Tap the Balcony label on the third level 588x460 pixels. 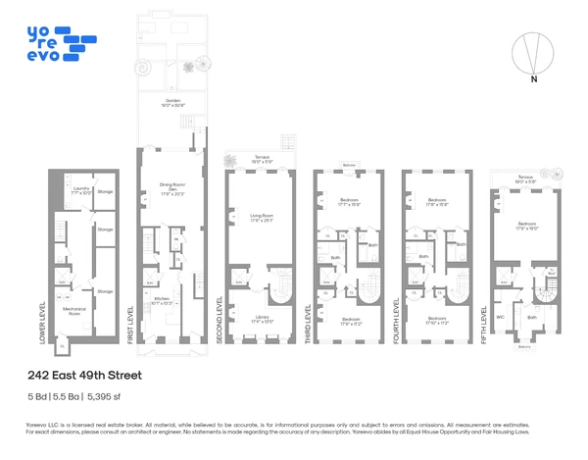click(349, 165)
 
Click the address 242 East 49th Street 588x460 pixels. click(84, 376)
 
